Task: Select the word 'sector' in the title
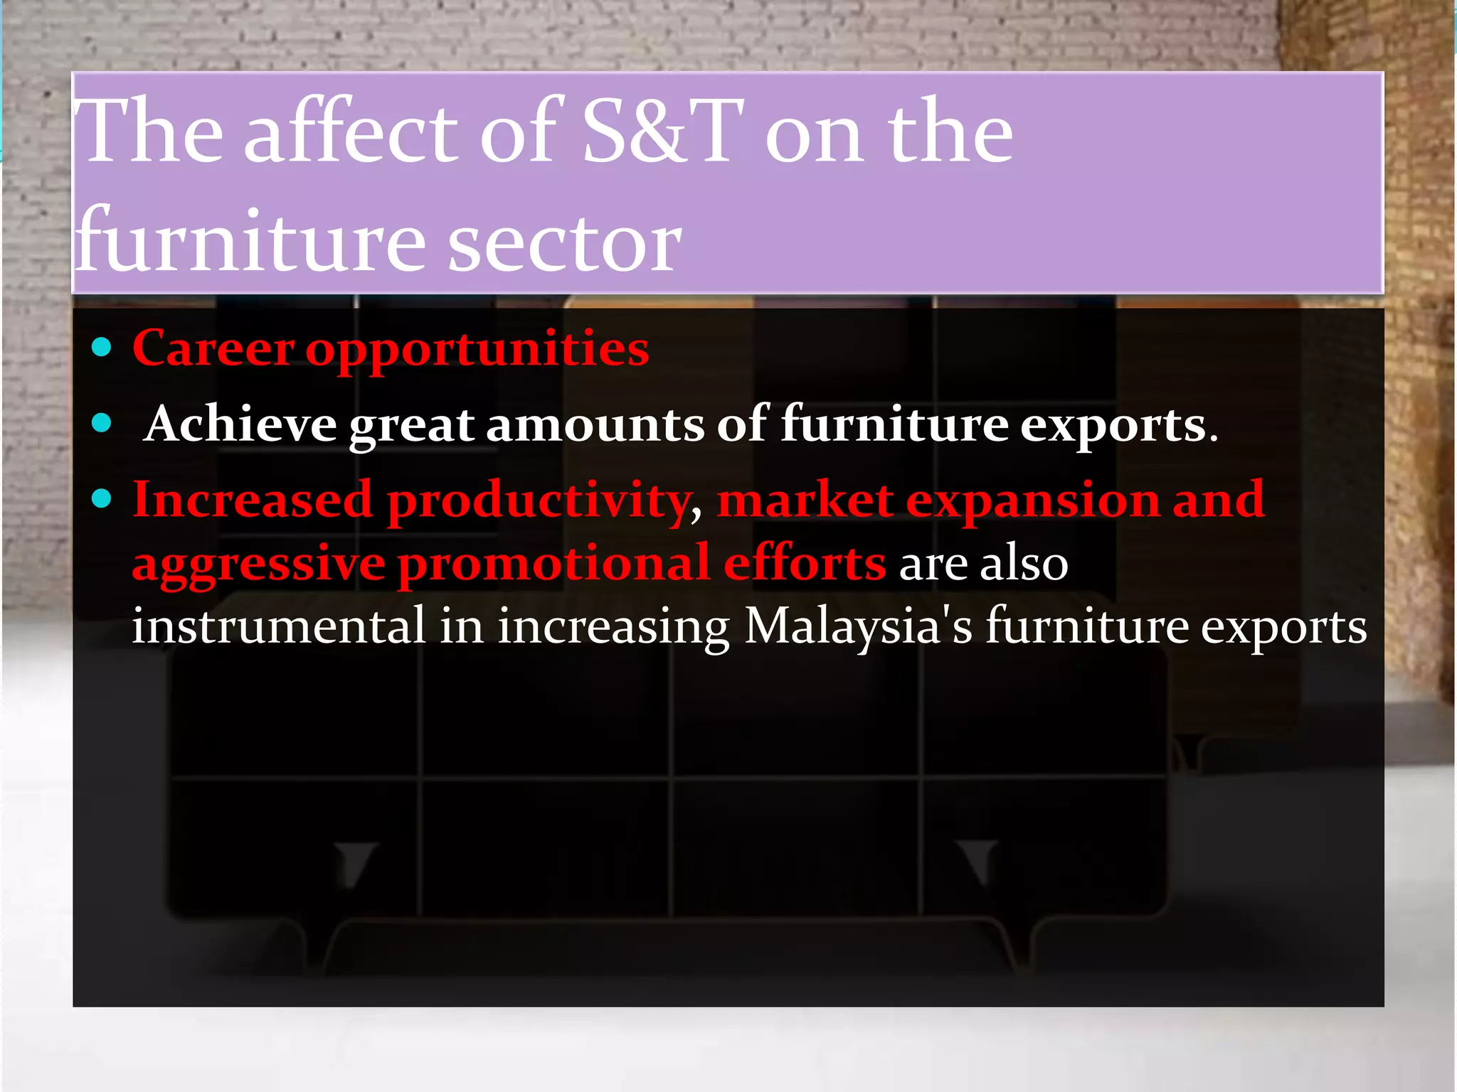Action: (x=565, y=242)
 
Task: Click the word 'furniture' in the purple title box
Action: (x=253, y=242)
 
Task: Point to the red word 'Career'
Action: (x=213, y=348)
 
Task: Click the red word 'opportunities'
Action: (x=477, y=350)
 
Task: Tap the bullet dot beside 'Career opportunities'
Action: (x=102, y=348)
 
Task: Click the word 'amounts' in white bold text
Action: (x=595, y=424)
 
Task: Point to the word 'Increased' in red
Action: (x=253, y=499)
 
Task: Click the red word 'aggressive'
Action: (x=259, y=564)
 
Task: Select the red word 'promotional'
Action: (x=554, y=562)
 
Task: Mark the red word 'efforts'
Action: (x=805, y=562)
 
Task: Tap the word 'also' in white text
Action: (x=1024, y=562)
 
